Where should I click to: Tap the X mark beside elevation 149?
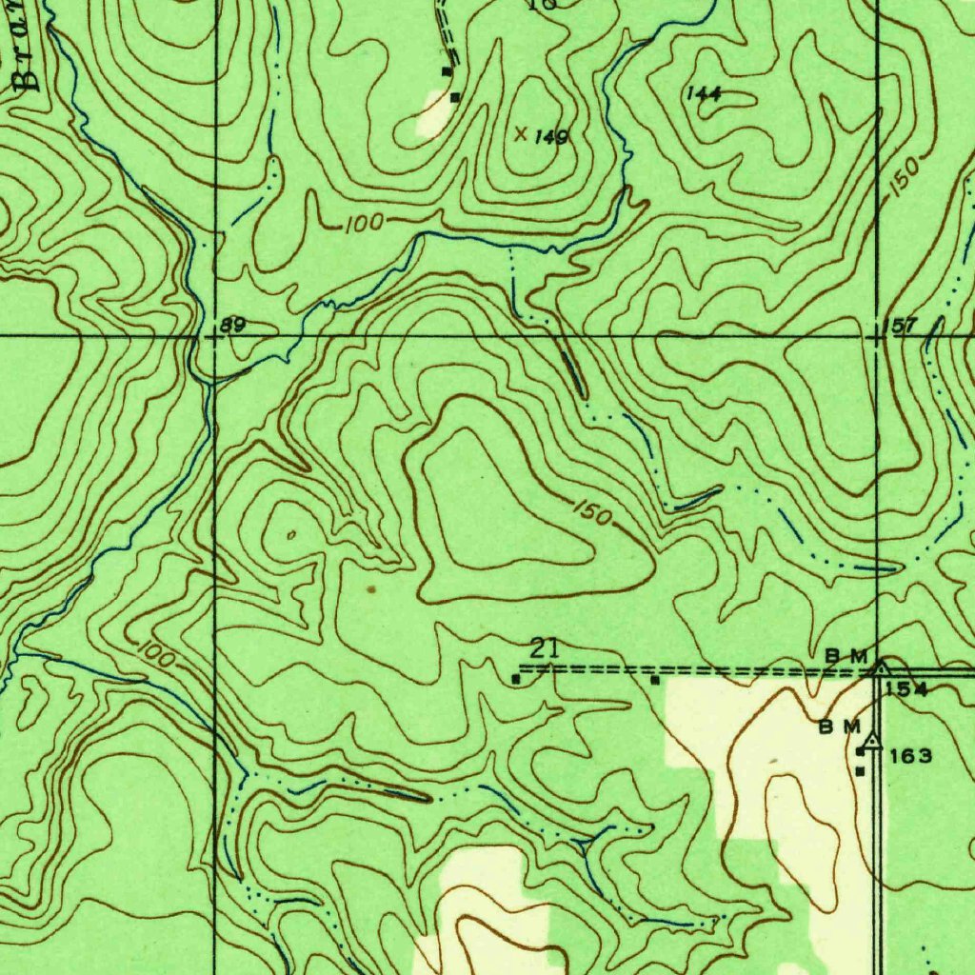tap(521, 134)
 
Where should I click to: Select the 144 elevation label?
tap(704, 93)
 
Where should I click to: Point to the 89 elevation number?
tap(233, 326)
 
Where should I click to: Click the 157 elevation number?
tap(899, 327)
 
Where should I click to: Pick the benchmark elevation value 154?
tap(905, 689)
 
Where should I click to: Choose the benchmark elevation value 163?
tap(911, 757)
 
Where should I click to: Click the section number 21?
tap(543, 650)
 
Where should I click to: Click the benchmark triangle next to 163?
tap(871, 738)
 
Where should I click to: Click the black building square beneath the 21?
tap(516, 679)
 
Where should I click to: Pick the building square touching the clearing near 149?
tap(455, 96)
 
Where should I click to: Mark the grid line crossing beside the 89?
tap(215, 336)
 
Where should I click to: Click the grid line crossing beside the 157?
tap(876, 336)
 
